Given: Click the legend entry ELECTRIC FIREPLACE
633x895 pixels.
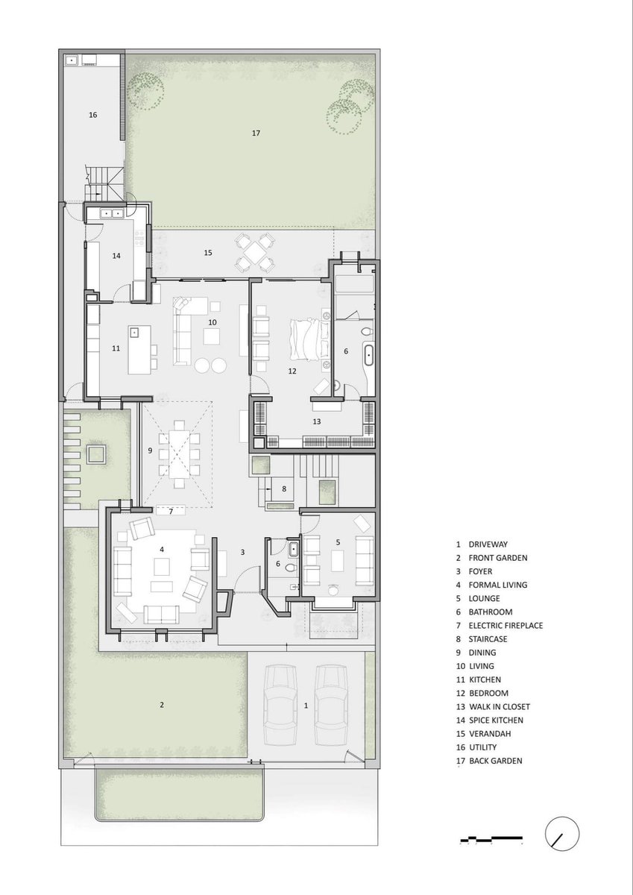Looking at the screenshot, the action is point(506,625).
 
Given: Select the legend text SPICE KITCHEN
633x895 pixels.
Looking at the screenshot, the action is point(496,720).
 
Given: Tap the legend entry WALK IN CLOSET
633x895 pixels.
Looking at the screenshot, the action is point(500,706).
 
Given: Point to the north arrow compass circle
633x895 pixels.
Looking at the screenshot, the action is point(562,834).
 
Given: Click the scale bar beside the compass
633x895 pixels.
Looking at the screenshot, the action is point(491,836).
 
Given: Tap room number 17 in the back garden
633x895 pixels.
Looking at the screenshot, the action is point(256,133).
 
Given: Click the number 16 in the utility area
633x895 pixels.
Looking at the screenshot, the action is point(92,115).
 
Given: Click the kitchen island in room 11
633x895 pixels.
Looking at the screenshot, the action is point(139,349).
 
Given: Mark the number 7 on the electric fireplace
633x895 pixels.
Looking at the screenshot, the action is point(171,512).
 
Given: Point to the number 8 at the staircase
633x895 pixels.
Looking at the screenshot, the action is point(284,489).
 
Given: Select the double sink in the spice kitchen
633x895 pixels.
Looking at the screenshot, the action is point(113,214).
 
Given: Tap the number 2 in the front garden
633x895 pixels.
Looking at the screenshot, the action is point(162,705).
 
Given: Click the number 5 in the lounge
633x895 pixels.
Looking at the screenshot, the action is point(338,542).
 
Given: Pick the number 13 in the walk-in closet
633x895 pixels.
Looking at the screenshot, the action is point(317,421).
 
